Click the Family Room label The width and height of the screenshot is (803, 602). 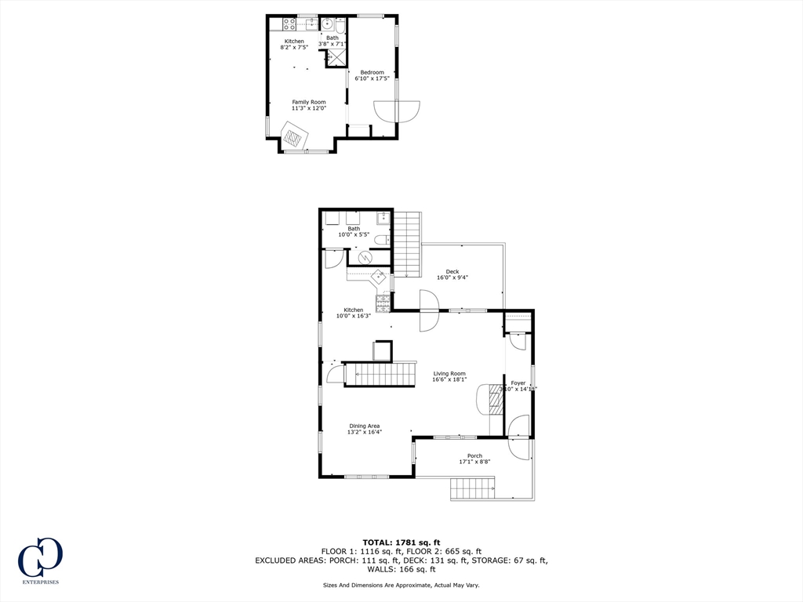[x=308, y=102]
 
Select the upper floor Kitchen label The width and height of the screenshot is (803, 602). [x=294, y=42]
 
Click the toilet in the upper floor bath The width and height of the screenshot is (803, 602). [x=340, y=25]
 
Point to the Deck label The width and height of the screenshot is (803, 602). [x=452, y=272]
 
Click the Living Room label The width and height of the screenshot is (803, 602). [x=449, y=374]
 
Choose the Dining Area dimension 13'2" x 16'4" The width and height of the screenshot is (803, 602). [x=365, y=432]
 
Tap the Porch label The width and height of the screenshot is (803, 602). [x=474, y=455]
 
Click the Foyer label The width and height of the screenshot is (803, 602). [x=518, y=383]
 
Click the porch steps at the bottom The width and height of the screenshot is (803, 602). [x=472, y=488]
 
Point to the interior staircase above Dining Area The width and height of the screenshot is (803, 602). [x=380, y=374]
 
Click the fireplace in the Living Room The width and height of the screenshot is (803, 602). [x=494, y=402]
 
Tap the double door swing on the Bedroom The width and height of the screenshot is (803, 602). [x=398, y=111]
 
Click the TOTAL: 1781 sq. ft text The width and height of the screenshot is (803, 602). [x=401, y=542]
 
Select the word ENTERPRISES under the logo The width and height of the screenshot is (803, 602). [x=40, y=582]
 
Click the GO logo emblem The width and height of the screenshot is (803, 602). [x=40, y=557]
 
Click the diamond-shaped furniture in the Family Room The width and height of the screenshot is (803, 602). [x=294, y=139]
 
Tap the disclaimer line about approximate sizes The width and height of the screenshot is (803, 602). [x=401, y=585]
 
